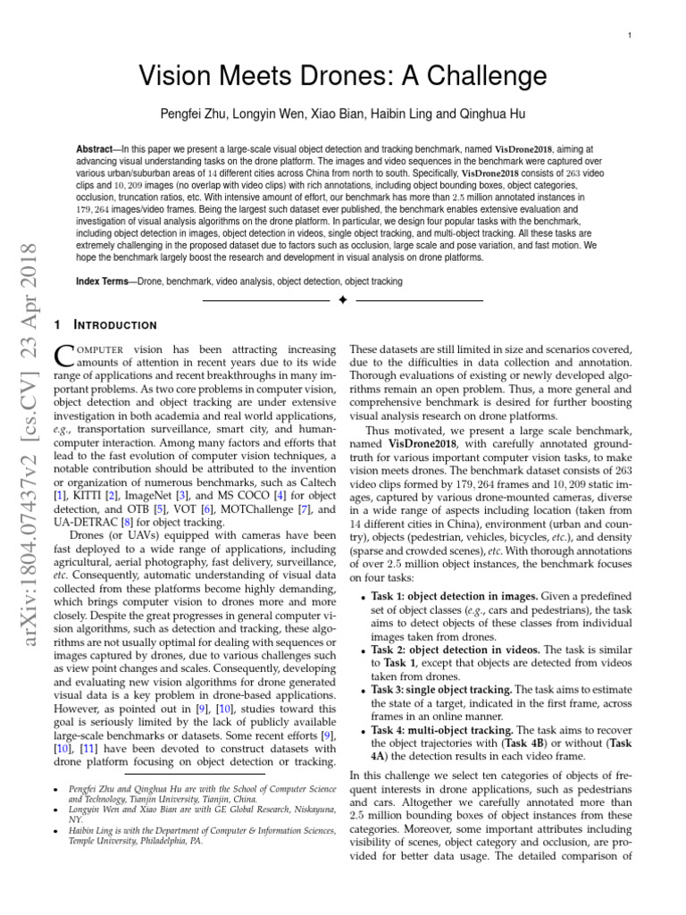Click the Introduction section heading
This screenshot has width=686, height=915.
pyautogui.click(x=113, y=324)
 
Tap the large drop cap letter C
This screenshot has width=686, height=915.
pyautogui.click(x=65, y=357)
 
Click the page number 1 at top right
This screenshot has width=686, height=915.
pyautogui.click(x=631, y=35)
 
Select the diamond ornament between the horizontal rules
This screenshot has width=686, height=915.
pyautogui.click(x=342, y=301)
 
